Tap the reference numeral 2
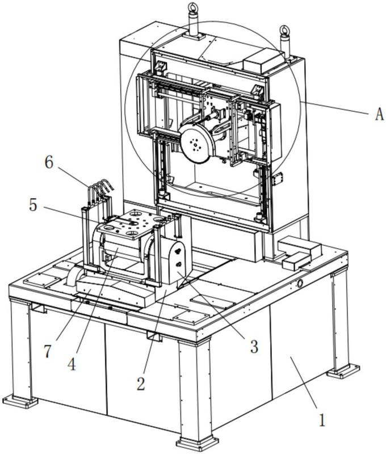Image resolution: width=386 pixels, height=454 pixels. pos(141,384)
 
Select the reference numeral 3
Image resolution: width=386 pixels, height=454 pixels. pos(254,346)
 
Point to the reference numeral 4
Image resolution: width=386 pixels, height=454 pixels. pos(72,364)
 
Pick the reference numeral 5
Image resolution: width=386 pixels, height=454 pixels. pos(33,205)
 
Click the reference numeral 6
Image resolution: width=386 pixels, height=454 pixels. pos(49,162)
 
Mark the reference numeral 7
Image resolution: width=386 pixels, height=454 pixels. pos(48,351)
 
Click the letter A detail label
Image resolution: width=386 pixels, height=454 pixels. pos(379,114)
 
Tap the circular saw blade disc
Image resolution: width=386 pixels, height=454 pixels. pos(196,144)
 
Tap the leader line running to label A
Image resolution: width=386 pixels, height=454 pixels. pos(335,107)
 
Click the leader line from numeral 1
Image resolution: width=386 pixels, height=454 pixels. pos(305,378)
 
